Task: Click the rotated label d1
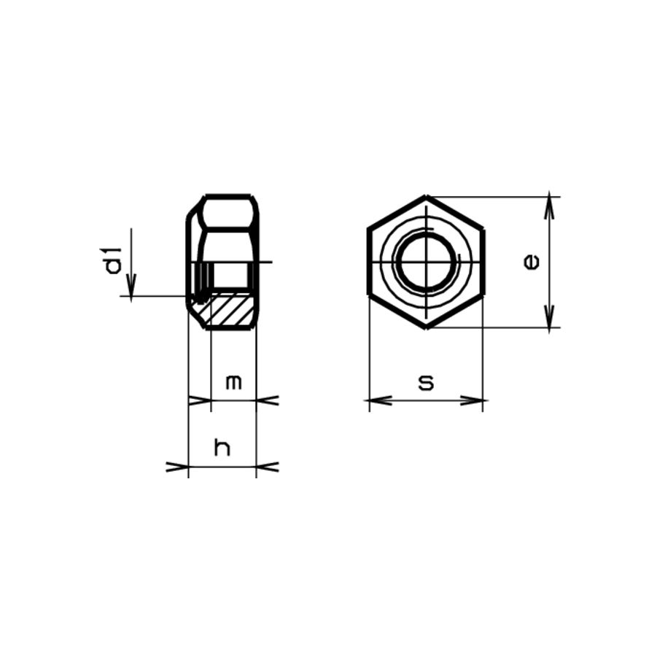(113, 261)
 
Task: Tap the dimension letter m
(233, 382)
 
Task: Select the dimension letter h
(222, 448)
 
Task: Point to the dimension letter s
(427, 382)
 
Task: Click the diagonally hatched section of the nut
(232, 309)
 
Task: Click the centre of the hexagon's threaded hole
(427, 262)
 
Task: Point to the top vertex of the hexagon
(427, 197)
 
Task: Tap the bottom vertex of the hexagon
(427, 327)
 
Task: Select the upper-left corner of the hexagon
(369, 229)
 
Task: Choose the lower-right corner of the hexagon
(483, 295)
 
